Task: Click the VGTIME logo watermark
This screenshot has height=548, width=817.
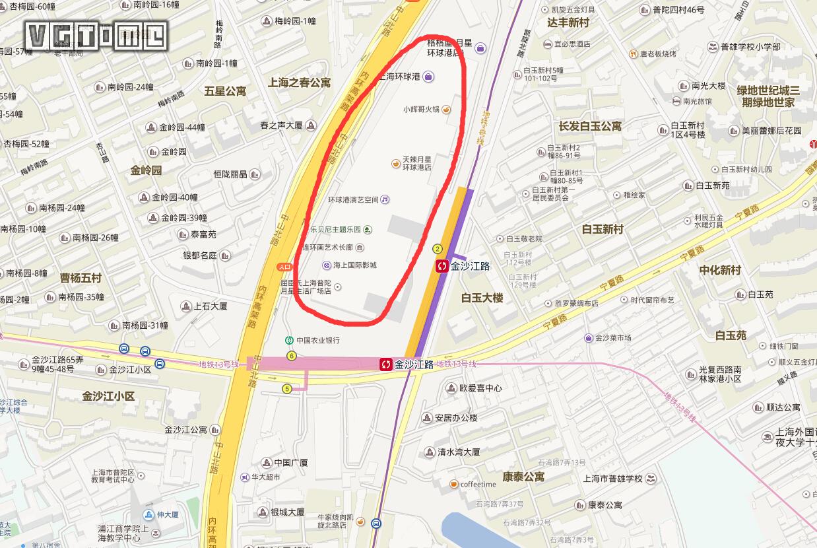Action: coord(96,36)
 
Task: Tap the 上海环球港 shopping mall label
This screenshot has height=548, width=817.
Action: coord(401,77)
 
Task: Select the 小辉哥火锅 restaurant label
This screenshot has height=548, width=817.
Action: coord(421,110)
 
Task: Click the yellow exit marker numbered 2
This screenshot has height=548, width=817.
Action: coord(437,249)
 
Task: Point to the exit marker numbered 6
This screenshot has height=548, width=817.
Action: coord(292,356)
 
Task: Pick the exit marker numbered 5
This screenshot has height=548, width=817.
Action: coord(286,389)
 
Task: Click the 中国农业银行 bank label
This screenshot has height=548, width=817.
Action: coord(317,341)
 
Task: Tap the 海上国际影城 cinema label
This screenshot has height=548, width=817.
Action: coord(354,265)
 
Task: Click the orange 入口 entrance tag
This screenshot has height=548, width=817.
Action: coord(284,267)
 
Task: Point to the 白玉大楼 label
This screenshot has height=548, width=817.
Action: coord(482,298)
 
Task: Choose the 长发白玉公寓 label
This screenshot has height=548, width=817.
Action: coord(590,126)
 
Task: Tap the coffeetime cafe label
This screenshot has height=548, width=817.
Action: coord(478,485)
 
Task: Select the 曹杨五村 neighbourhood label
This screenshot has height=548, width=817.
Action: coord(81,277)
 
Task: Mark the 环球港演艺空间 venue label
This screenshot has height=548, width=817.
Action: coord(354,199)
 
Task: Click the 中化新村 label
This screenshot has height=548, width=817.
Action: coord(720,270)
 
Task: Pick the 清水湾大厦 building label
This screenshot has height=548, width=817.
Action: coord(458,452)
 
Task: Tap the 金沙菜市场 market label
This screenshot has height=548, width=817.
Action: coord(613,338)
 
